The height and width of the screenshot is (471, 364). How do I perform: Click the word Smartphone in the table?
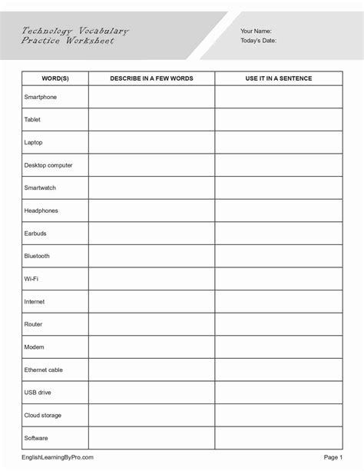(x=41, y=98)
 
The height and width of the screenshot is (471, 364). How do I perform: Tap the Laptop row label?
(x=35, y=143)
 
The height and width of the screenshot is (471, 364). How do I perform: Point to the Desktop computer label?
(x=48, y=165)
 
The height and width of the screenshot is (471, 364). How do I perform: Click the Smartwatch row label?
(x=40, y=188)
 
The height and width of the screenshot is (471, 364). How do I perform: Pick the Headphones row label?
(x=41, y=211)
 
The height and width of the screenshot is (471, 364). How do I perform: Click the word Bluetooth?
(x=38, y=256)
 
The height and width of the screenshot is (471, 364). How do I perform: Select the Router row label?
(x=34, y=324)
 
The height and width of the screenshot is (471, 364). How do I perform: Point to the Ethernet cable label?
(x=44, y=370)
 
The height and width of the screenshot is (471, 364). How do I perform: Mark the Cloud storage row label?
(x=43, y=415)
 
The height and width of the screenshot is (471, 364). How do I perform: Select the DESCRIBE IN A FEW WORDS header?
(x=151, y=79)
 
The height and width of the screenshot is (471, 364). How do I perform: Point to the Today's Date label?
(x=259, y=41)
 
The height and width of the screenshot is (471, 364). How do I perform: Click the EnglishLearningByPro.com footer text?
(x=58, y=457)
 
